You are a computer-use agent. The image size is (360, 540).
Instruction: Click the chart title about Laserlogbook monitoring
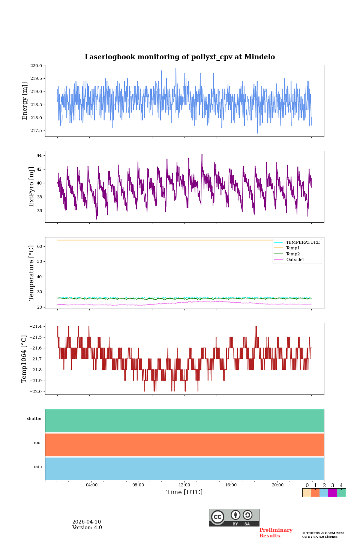coord(180,57)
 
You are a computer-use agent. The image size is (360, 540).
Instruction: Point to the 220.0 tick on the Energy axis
coord(36,66)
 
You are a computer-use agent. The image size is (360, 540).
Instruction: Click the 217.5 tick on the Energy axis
coord(36,131)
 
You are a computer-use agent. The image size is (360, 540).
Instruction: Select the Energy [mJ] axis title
coord(25,101)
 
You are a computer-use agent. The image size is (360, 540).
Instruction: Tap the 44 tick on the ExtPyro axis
coord(39,155)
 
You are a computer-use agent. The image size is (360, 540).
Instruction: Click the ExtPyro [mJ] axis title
coord(31,187)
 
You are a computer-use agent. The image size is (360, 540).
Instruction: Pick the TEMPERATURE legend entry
coord(303,243)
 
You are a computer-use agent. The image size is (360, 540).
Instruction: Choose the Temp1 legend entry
coord(293,248)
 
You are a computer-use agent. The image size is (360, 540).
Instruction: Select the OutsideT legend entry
coord(295,260)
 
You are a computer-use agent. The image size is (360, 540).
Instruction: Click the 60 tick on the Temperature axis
coord(39,247)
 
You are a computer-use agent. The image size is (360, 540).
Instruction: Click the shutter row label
coord(34,419)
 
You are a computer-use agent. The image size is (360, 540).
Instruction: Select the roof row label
coord(38,443)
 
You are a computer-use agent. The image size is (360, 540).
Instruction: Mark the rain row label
coord(38,467)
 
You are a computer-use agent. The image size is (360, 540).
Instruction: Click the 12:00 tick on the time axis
coord(184,485)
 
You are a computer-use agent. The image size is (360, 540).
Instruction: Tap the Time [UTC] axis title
coord(184,492)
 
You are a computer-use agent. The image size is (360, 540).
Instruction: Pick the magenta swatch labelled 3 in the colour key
coord(332,493)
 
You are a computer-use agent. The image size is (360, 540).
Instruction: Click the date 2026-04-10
coord(87,522)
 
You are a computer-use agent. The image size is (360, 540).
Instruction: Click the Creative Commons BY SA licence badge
coord(234,517)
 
